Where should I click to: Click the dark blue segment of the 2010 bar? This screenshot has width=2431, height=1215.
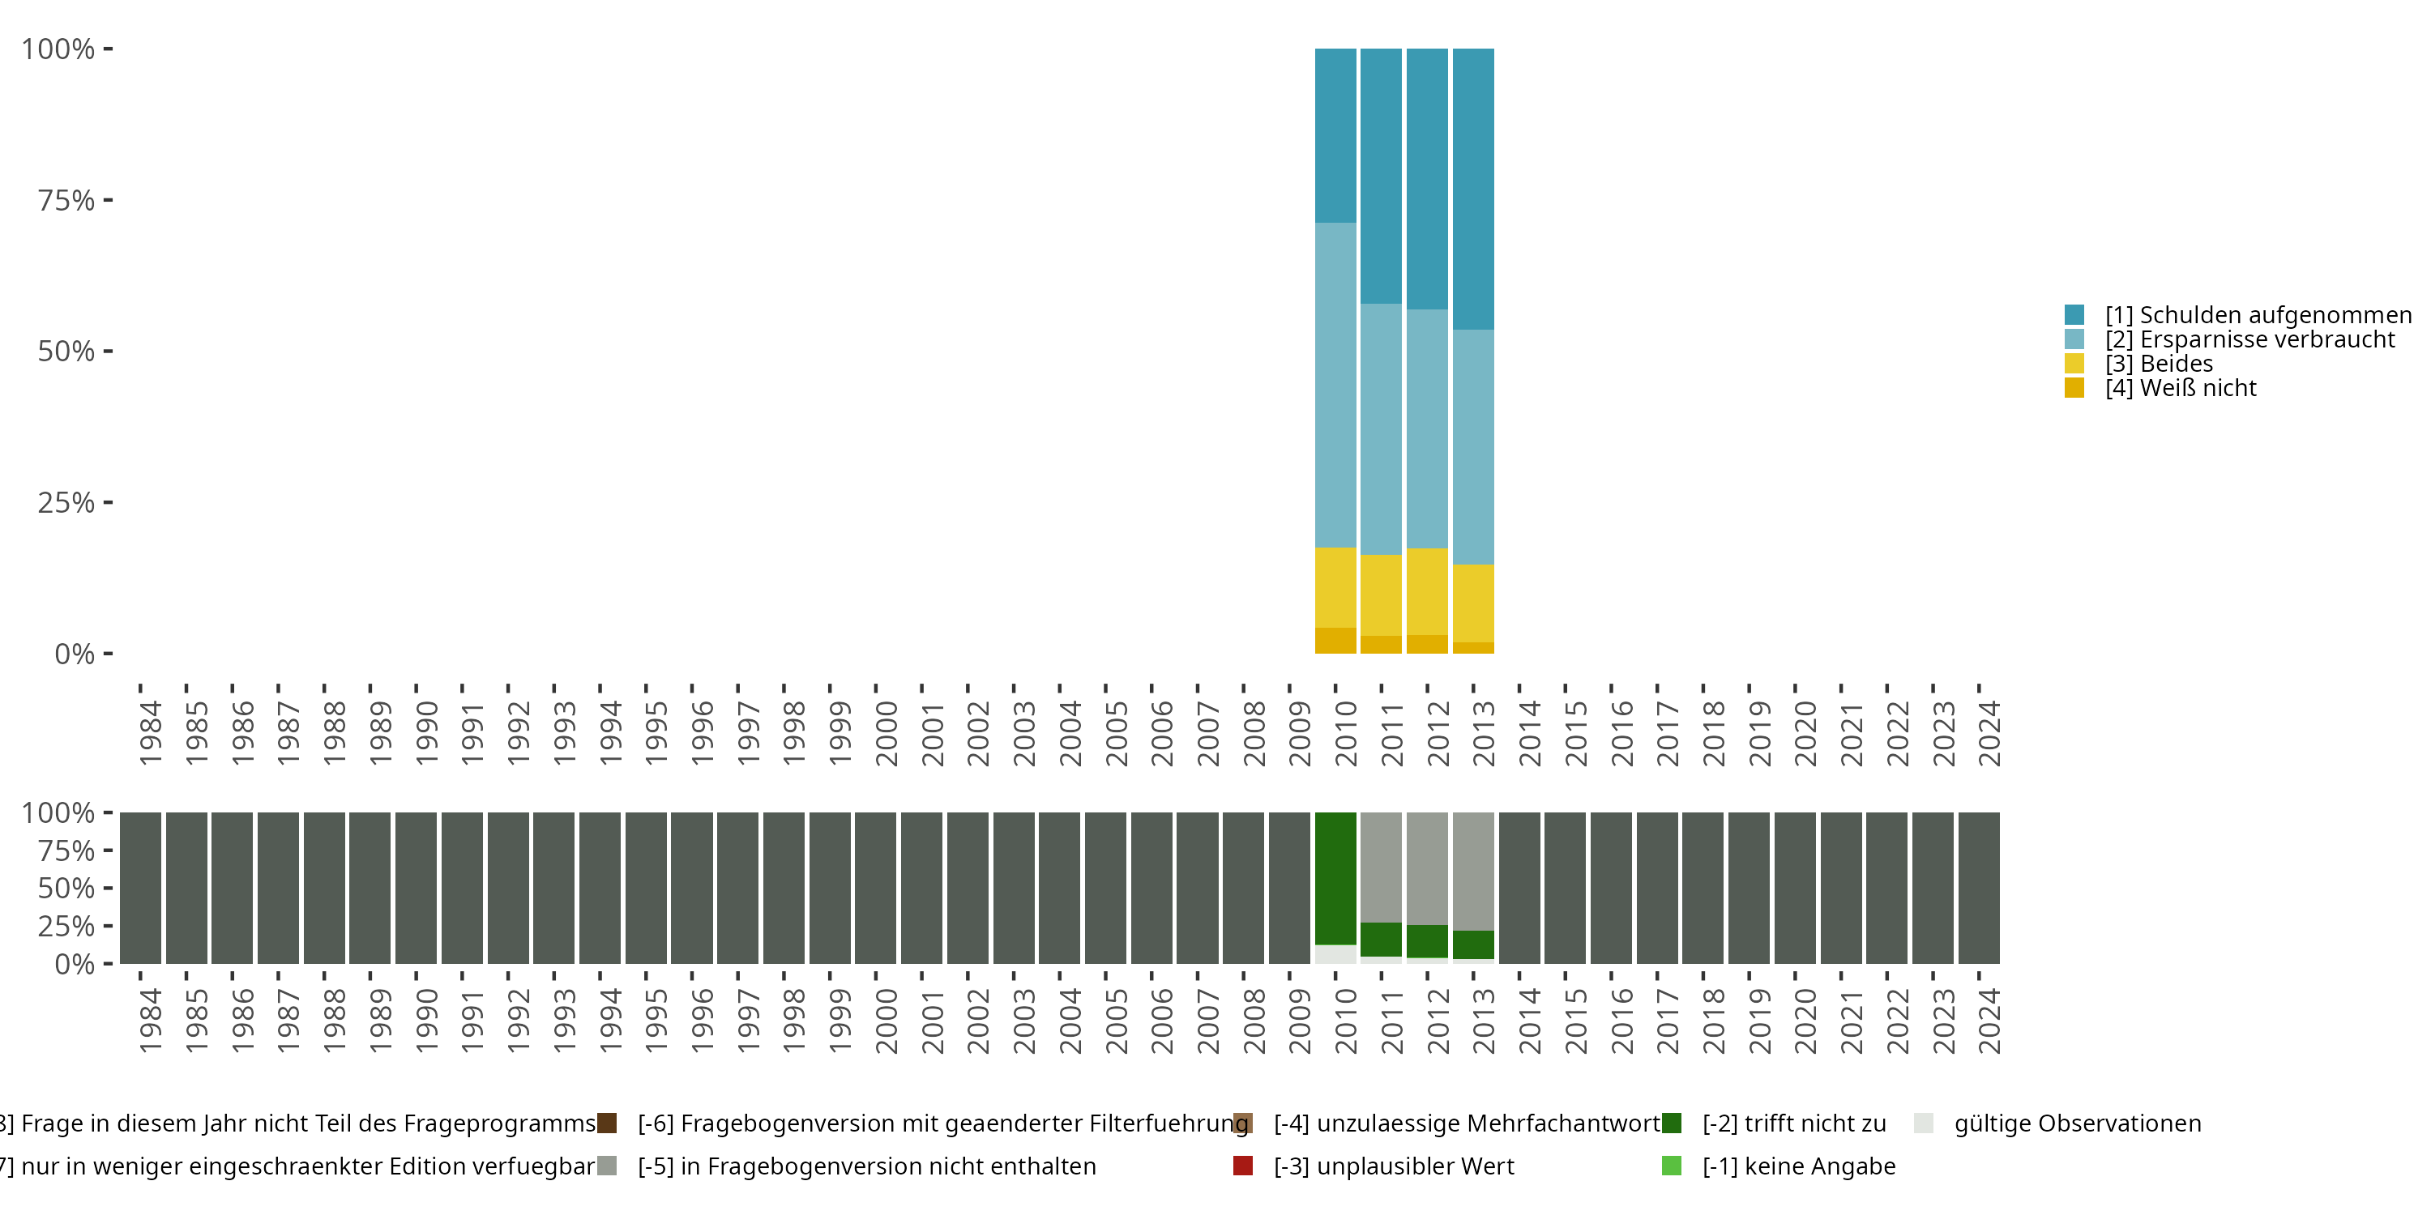click(x=1335, y=135)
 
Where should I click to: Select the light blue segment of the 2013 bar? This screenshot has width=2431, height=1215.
click(x=1473, y=446)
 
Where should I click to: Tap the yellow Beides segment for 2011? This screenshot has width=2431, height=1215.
click(x=1381, y=595)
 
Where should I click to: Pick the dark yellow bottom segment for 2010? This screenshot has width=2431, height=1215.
click(x=1335, y=641)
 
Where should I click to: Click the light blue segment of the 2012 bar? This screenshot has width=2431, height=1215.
click(x=1427, y=428)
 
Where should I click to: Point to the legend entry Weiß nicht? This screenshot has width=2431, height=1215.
click(x=2180, y=388)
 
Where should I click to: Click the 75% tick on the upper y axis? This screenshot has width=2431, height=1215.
click(x=66, y=200)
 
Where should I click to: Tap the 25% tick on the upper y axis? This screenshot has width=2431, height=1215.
click(x=66, y=503)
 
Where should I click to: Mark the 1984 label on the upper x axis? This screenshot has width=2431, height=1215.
click(x=150, y=733)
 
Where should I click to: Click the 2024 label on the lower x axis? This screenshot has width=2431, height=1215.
click(x=1989, y=1021)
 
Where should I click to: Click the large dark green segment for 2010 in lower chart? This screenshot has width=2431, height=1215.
click(x=1335, y=877)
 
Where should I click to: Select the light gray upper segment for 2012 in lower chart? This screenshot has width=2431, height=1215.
click(x=1427, y=868)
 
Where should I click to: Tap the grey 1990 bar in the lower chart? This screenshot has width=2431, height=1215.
click(x=417, y=888)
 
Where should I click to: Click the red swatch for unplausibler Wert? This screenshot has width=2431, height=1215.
click(x=1243, y=1166)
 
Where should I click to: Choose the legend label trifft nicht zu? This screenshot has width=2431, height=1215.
click(x=1794, y=1123)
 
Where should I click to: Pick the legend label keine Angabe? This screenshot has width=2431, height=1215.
click(x=1799, y=1166)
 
